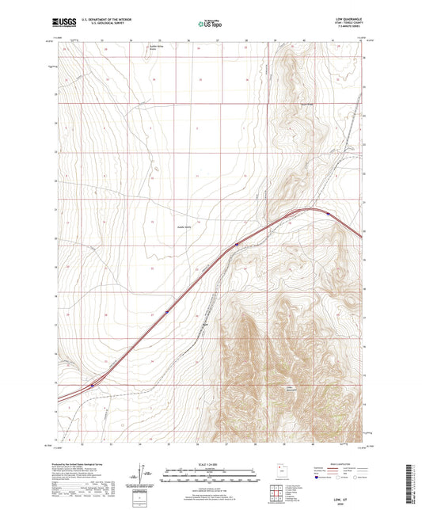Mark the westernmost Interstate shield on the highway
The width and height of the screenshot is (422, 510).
click(92, 386)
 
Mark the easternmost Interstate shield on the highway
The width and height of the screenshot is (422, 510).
click(329, 212)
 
